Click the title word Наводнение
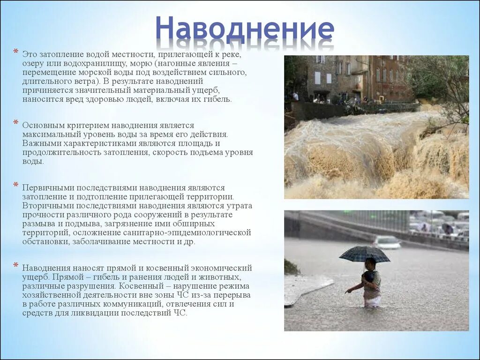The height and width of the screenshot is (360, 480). click(x=245, y=29)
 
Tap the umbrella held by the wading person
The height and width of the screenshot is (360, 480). click(x=364, y=254)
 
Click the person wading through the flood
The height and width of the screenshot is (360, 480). click(x=370, y=284)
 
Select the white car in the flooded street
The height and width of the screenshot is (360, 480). click(x=387, y=242)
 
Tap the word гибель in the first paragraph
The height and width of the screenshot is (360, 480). click(x=217, y=99)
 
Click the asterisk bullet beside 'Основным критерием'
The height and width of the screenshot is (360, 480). click(x=15, y=123)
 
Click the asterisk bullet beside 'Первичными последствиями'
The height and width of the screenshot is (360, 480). click(x=15, y=186)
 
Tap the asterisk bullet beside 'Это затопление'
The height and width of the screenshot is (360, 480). click(x=15, y=51)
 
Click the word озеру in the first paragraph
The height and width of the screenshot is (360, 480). click(x=34, y=63)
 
